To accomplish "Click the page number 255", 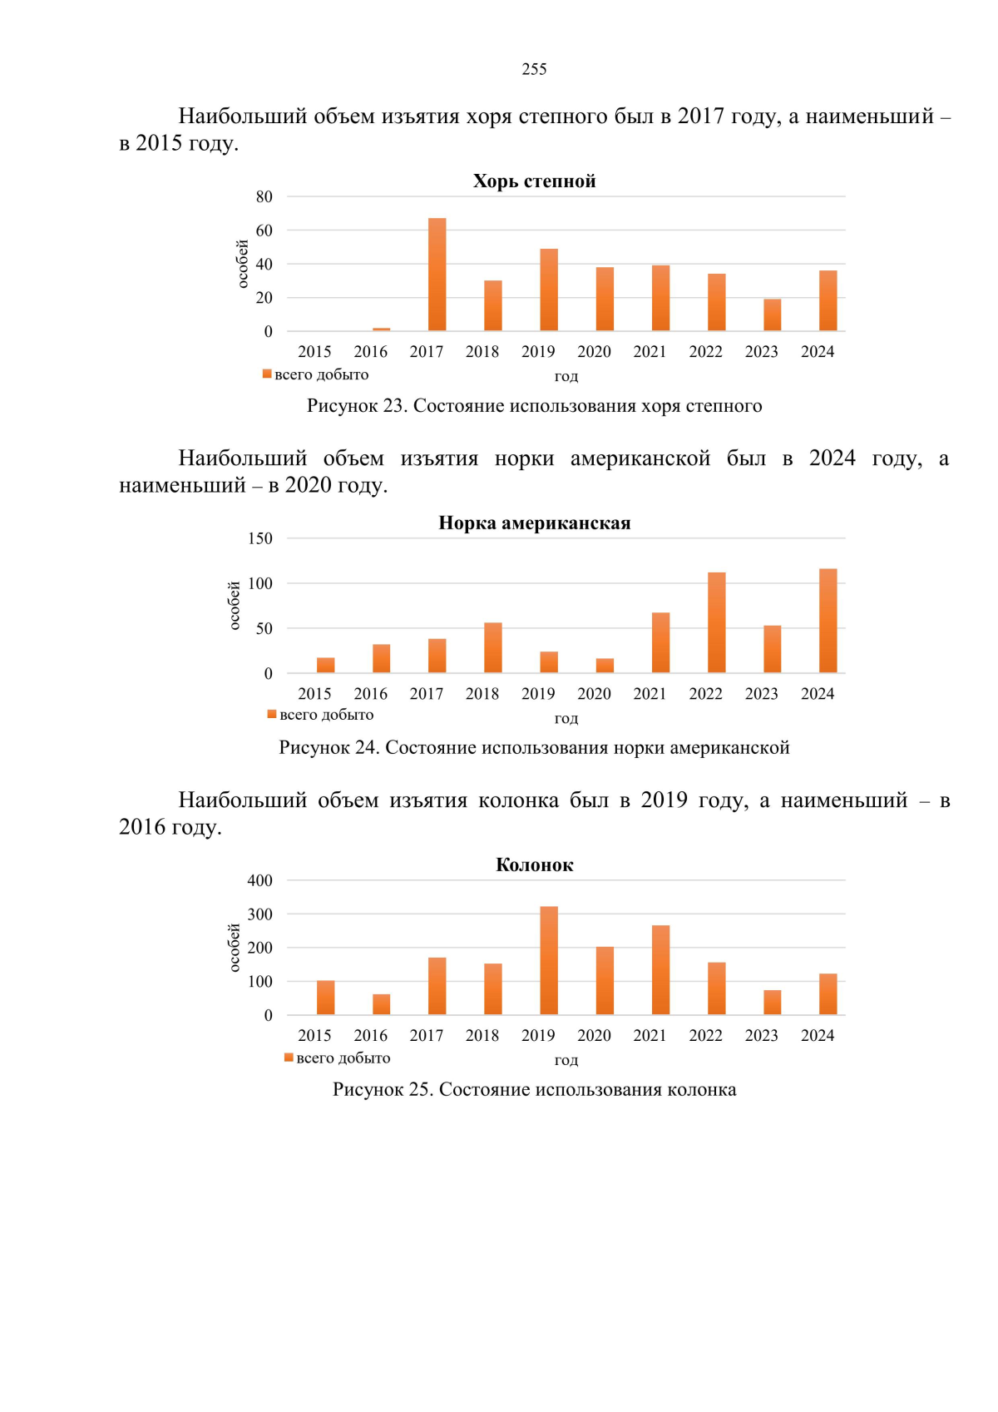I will click(534, 69).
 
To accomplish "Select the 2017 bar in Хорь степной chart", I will click(437, 275).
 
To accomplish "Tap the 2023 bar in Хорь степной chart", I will click(773, 315).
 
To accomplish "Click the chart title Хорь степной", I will click(534, 181).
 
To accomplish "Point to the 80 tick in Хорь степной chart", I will click(264, 196).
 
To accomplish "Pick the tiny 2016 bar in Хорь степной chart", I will click(381, 329).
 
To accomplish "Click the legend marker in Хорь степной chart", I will click(267, 374).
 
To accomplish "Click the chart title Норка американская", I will click(534, 523).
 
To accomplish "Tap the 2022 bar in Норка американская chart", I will click(716, 622).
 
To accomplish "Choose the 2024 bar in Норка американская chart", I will click(828, 621).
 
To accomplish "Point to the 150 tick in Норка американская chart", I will click(259, 538).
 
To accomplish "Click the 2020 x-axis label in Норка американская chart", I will click(594, 694).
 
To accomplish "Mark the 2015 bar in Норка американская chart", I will click(325, 665).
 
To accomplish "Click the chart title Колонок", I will click(534, 865).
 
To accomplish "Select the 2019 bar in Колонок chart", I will click(549, 960).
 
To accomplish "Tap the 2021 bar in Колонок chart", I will click(660, 970).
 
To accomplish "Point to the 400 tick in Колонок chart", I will click(259, 880).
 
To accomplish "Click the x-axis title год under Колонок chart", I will click(566, 1060).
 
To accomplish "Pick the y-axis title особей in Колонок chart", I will click(234, 948).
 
